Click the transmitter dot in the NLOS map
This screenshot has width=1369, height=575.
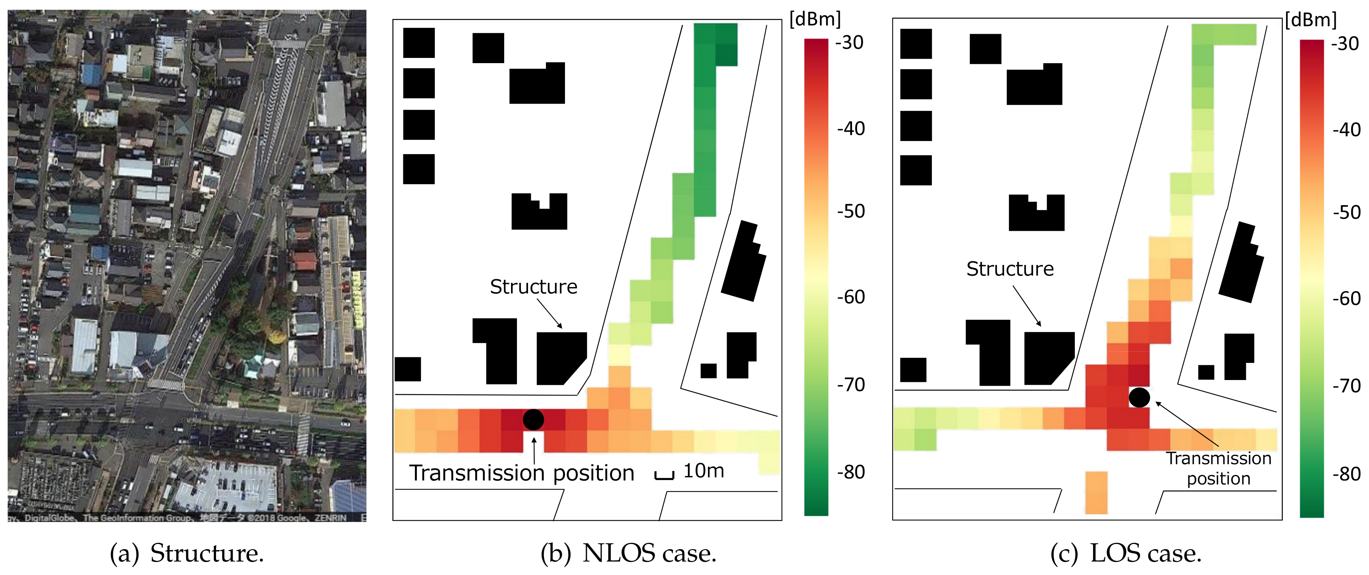tap(533, 419)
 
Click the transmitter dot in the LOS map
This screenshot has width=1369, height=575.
tap(1139, 397)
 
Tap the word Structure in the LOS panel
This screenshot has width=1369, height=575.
tap(1010, 269)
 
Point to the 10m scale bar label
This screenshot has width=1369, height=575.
tap(703, 471)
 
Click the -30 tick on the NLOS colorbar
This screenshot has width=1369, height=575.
tap(849, 42)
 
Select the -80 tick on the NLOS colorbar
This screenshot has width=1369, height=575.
tap(851, 472)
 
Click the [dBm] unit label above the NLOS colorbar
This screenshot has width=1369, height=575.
tap(815, 19)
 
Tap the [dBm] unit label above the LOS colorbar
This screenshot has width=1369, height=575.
tap(1311, 20)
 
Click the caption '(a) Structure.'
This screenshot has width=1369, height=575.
tap(187, 553)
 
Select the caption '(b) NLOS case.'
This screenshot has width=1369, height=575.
tap(628, 553)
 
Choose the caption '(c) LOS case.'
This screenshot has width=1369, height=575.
tap(1126, 553)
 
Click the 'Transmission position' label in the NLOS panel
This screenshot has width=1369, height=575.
tap(521, 473)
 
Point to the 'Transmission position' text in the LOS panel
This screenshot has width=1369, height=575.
tap(1218, 468)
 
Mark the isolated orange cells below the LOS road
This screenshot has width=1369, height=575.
tap(1096, 493)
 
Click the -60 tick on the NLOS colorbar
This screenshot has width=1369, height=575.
tap(851, 297)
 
